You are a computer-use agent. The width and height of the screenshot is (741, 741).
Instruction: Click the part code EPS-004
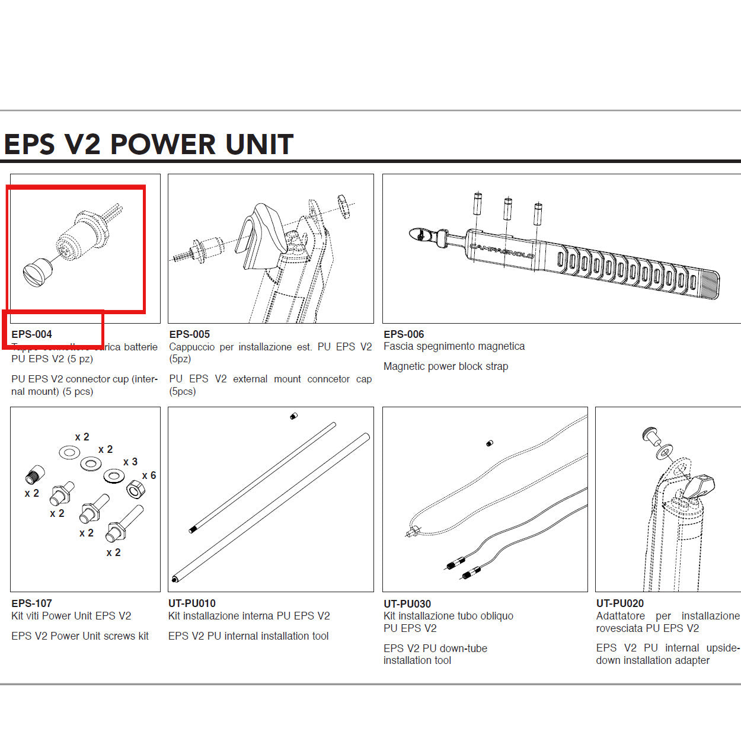pyautogui.click(x=32, y=334)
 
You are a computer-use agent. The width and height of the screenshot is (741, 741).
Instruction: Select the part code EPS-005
pyautogui.click(x=189, y=334)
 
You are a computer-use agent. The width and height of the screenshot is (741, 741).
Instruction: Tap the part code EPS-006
pyautogui.click(x=404, y=334)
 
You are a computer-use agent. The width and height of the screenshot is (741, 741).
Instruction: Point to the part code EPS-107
pyautogui.click(x=32, y=603)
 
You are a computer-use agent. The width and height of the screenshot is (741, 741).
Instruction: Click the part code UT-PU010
pyautogui.click(x=192, y=603)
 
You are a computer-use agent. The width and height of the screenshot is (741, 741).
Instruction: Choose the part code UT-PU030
pyautogui.click(x=407, y=604)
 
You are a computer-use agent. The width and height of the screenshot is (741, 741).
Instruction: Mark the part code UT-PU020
pyautogui.click(x=619, y=603)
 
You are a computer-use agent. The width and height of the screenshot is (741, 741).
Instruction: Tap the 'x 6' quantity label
pyautogui.click(x=149, y=475)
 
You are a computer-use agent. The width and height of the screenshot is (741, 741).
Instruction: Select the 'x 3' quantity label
pyautogui.click(x=130, y=462)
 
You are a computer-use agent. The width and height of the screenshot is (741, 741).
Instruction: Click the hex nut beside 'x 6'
pyautogui.click(x=136, y=490)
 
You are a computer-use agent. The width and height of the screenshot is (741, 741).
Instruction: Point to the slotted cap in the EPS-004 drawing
pyautogui.click(x=37, y=273)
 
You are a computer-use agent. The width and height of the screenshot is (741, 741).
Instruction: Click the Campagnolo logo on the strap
pyautogui.click(x=502, y=251)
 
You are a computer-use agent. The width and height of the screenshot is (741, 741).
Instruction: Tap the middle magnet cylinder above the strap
pyautogui.click(x=507, y=209)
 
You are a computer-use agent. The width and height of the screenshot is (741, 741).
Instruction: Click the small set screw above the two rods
pyautogui.click(x=293, y=417)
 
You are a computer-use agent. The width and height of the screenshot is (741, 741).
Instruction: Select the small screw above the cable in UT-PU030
pyautogui.click(x=489, y=443)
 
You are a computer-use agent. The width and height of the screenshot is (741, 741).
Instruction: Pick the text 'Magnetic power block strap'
pyautogui.click(x=445, y=366)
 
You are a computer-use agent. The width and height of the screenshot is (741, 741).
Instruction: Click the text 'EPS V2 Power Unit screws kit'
pyautogui.click(x=80, y=636)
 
